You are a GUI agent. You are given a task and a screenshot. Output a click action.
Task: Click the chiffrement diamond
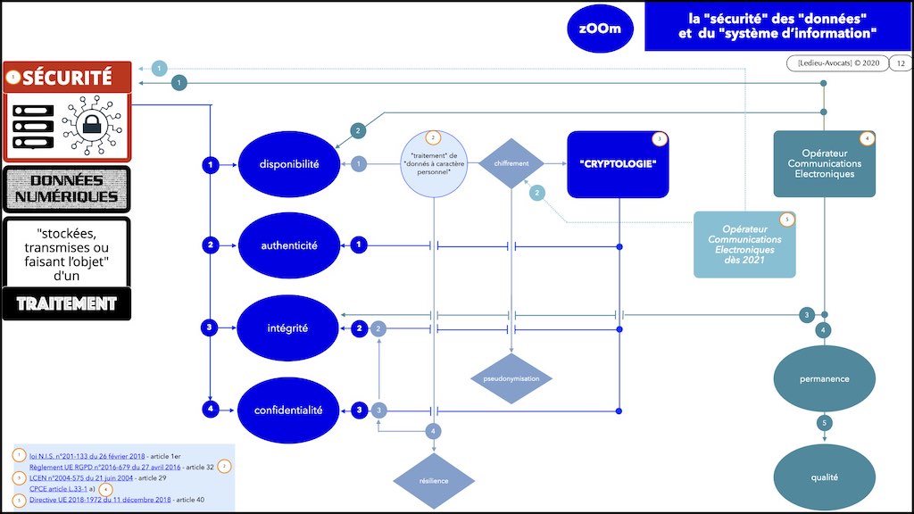pos(511,163)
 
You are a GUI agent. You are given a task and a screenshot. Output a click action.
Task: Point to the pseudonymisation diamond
pos(511,378)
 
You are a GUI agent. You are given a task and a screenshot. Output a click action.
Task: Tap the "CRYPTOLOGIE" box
pos(619,164)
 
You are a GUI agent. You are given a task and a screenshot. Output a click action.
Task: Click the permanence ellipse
pos(825,378)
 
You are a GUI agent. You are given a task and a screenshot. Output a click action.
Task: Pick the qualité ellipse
pos(825,477)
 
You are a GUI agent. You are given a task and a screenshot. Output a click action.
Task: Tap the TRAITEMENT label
pos(67,303)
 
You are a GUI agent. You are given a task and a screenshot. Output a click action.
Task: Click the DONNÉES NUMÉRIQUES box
pos(67,188)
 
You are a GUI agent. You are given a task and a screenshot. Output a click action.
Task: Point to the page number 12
pos(899,63)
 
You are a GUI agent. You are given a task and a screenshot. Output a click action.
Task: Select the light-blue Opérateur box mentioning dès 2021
pos(745,245)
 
